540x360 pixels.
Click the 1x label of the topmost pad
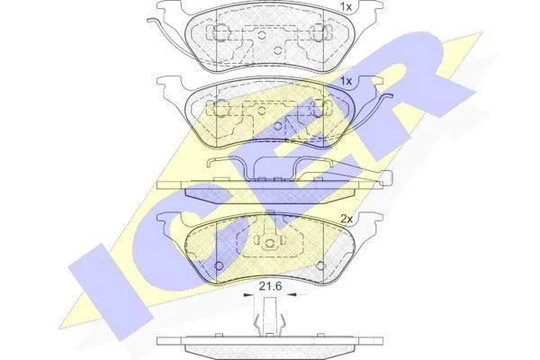click(x=346, y=6)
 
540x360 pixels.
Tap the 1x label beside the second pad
click(x=346, y=81)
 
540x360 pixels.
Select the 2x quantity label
click(x=346, y=219)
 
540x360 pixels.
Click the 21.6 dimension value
click(x=270, y=285)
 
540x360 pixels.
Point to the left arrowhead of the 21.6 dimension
click(x=247, y=295)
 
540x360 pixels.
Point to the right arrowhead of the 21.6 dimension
click(x=292, y=295)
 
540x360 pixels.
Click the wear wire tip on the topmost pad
click(x=149, y=21)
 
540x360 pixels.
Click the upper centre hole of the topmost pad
click(x=262, y=34)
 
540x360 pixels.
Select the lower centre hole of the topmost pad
click(x=277, y=50)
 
